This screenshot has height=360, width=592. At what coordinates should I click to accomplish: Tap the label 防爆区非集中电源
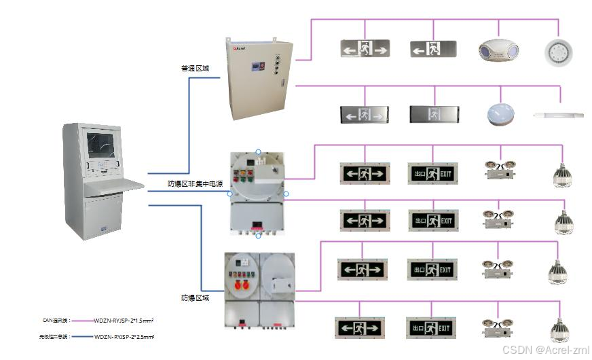tap(196, 183)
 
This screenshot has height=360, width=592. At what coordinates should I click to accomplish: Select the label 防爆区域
tap(195, 298)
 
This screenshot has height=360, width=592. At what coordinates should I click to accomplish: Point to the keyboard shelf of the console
tap(116, 183)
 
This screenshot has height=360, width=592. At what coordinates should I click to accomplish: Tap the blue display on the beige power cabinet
tap(259, 65)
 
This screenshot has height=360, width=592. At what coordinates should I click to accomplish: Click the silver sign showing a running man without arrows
tap(433, 113)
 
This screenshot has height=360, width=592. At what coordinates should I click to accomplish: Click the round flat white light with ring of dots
tap(559, 50)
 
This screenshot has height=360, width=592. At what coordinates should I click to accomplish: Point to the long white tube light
tap(559, 115)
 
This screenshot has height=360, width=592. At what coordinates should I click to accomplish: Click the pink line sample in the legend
tap(82, 320)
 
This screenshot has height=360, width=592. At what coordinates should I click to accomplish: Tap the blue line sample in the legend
tap(82, 337)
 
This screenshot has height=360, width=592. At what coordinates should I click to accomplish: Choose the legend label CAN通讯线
tap(56, 319)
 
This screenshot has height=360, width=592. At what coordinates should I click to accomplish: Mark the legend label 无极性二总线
tap(54, 337)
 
